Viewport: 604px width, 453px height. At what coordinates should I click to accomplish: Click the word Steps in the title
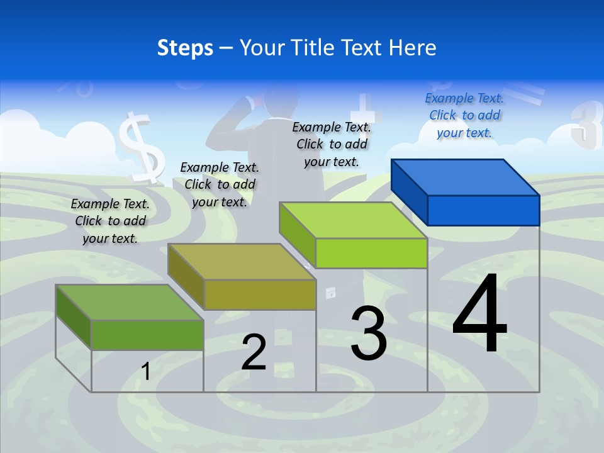click(185, 48)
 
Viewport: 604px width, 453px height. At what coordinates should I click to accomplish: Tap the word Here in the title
click(413, 48)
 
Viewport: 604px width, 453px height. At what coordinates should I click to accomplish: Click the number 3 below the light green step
click(369, 333)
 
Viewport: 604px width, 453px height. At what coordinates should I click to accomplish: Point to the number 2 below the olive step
click(254, 352)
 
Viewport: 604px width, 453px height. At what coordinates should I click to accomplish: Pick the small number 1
click(146, 371)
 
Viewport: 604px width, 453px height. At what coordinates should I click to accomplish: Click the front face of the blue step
click(483, 210)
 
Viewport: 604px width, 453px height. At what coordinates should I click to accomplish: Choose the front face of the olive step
click(259, 294)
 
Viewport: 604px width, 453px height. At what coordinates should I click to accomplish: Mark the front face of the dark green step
click(147, 335)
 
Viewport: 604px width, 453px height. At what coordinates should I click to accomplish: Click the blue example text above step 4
click(464, 116)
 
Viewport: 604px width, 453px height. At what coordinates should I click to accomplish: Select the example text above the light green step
click(332, 145)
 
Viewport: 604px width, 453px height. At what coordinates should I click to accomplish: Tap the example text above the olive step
click(220, 184)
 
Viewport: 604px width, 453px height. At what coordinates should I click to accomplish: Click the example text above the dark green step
click(110, 221)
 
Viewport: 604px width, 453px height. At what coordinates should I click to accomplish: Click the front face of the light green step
click(371, 253)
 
